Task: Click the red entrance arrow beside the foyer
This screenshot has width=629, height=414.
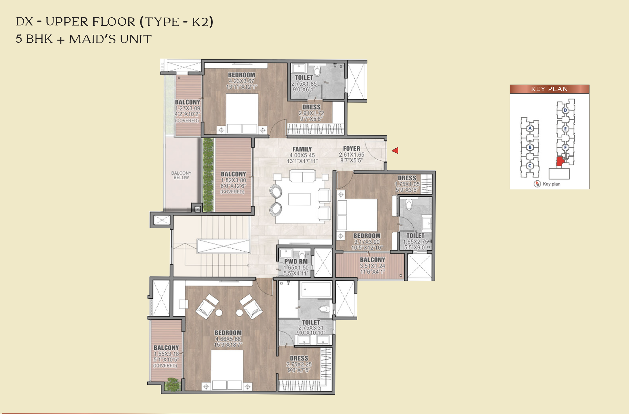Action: tap(395, 150)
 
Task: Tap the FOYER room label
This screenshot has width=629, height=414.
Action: tap(351, 149)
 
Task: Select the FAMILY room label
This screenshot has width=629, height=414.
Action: tap(302, 149)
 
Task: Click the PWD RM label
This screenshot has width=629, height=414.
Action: tap(296, 261)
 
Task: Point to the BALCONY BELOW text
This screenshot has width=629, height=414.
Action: tap(181, 175)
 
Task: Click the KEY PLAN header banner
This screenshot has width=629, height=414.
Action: tap(550, 89)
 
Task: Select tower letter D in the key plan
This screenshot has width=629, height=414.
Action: tap(566, 110)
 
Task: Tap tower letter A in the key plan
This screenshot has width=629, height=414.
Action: tap(530, 128)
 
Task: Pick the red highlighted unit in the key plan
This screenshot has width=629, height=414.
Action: tap(560, 161)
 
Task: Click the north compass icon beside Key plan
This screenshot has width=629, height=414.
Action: tap(537, 184)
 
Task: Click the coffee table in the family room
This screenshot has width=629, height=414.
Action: tap(299, 199)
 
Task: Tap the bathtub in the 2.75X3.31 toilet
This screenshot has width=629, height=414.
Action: tap(316, 289)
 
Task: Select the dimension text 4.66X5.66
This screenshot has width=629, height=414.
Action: tap(228, 339)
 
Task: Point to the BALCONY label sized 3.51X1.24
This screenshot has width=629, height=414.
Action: tap(372, 260)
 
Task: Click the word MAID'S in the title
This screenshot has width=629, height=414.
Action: tap(93, 39)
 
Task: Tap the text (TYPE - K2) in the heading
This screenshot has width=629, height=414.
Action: tap(176, 22)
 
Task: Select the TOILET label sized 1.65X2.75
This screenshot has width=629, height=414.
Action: tap(415, 236)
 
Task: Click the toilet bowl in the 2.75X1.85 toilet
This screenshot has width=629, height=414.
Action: tap(317, 71)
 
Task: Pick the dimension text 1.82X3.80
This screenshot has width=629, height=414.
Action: tap(233, 180)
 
